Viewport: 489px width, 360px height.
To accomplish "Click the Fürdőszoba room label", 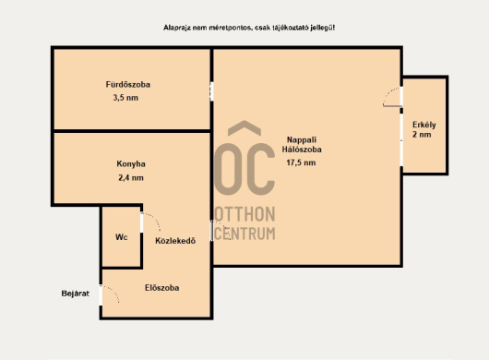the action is tap(128, 85).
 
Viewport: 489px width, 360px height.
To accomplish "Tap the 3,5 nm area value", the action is tap(125, 98).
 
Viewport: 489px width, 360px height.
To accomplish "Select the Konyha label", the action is tap(131, 163).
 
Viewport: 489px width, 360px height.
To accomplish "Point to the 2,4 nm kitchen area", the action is tap(131, 178).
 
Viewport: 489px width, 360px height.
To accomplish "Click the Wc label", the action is tap(121, 237).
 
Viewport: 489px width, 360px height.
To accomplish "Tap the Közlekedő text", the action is tap(175, 241).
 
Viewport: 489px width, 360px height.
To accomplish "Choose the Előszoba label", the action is tap(161, 288).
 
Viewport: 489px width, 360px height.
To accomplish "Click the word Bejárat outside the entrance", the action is tap(75, 294).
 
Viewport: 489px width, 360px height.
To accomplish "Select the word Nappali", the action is tap(302, 139).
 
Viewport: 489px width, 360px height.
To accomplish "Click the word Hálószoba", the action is tap(302, 150).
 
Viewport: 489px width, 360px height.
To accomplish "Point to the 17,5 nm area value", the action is tap(301, 162).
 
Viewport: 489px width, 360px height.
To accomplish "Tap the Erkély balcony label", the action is tap(424, 125).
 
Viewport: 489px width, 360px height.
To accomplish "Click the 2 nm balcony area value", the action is tap(422, 135).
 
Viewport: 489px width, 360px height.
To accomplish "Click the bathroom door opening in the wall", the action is tap(212, 91).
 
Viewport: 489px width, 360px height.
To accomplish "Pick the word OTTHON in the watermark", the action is tap(244, 214).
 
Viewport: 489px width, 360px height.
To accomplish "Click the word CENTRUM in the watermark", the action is tap(244, 233).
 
